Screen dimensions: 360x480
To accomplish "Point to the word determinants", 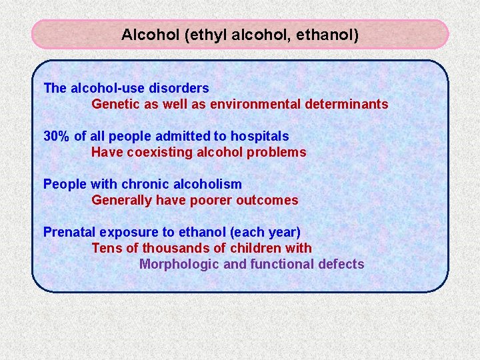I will pyautogui.click(x=347, y=104).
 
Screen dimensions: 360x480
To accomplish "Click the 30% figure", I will pyautogui.click(x=57, y=136).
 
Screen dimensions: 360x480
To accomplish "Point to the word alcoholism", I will pyautogui.click(x=208, y=184).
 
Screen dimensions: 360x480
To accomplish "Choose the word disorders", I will pyautogui.click(x=181, y=88).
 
